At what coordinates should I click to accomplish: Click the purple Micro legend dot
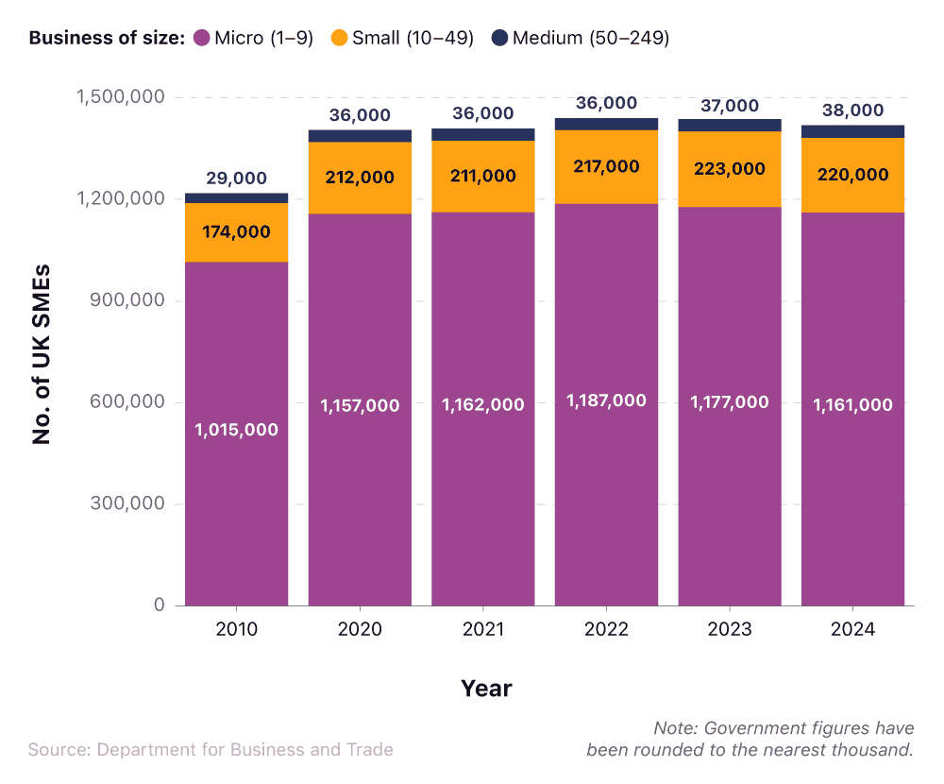point(201,39)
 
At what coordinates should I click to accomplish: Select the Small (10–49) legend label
point(413,39)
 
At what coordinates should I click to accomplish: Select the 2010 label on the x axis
point(236,629)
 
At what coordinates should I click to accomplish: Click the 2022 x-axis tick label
point(606,629)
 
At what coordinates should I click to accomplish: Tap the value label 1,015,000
point(236,430)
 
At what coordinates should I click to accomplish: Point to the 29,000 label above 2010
point(236,179)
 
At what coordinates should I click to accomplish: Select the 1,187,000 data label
point(606,401)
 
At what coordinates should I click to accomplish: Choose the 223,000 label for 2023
point(730,169)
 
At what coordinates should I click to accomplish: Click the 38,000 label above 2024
point(852,111)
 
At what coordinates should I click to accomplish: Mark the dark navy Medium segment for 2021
point(482,135)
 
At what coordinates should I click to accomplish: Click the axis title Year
point(486,689)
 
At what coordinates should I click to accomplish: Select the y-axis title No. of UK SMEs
point(41,354)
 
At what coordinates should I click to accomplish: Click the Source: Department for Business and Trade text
point(211,749)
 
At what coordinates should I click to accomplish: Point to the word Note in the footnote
point(673,728)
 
